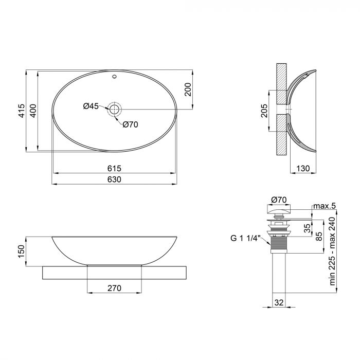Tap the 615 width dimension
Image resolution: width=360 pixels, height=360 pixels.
tap(114, 168)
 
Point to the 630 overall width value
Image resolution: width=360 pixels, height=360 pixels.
tap(114, 179)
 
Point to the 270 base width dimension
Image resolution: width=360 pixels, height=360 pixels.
tap(114, 288)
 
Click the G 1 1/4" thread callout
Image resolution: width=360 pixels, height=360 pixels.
tap(246, 238)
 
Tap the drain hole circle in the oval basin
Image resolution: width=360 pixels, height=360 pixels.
tap(114, 109)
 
